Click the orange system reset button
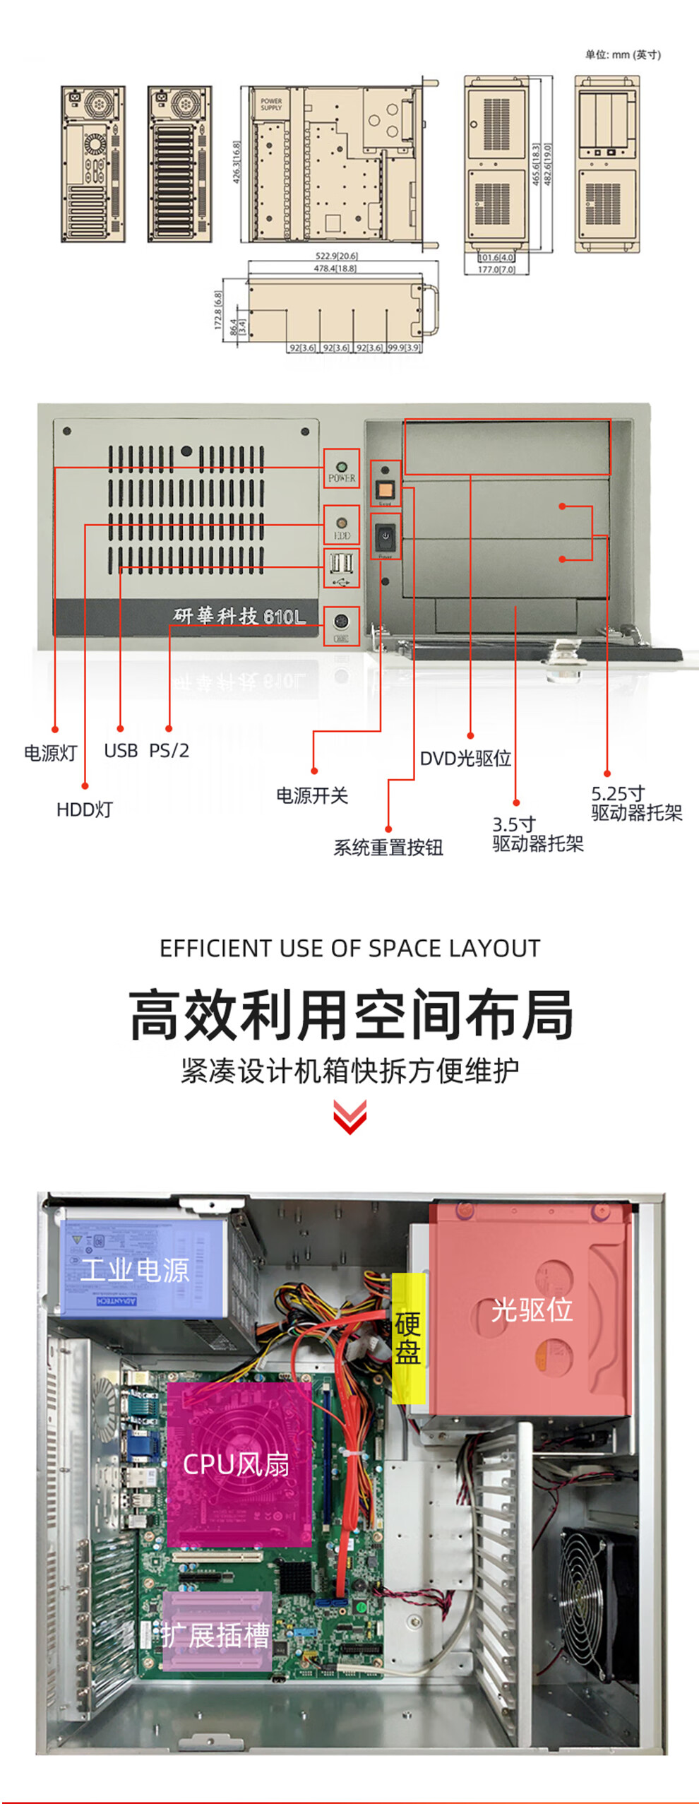click(386, 489)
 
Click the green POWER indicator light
click(342, 467)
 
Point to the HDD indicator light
click(342, 523)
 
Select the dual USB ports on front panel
click(342, 564)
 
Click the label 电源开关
click(311, 795)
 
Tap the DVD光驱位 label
click(465, 758)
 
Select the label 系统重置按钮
click(388, 847)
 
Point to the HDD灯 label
click(84, 809)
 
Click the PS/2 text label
click(169, 750)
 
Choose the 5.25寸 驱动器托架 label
click(636, 803)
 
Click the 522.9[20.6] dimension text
click(336, 256)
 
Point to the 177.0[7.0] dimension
click(496, 269)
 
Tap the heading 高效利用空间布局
click(350, 1015)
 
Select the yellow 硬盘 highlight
click(408, 1338)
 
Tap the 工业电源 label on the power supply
click(135, 1269)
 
